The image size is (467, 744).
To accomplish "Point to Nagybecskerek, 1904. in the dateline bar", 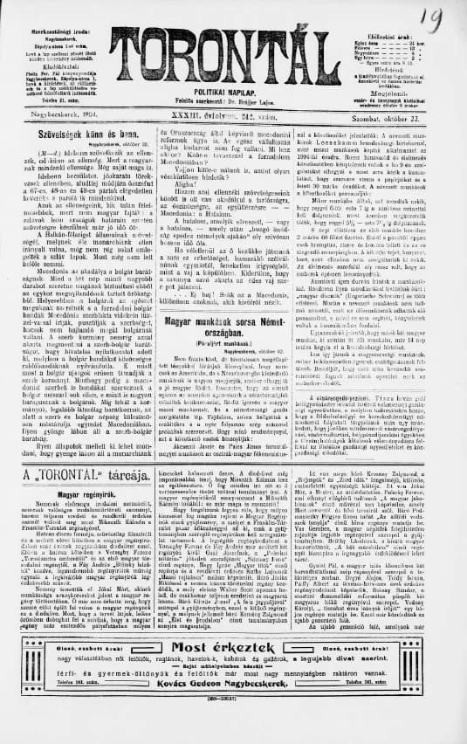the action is [x=59, y=117].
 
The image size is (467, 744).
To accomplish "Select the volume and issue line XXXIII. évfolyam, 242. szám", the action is [x=235, y=116].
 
